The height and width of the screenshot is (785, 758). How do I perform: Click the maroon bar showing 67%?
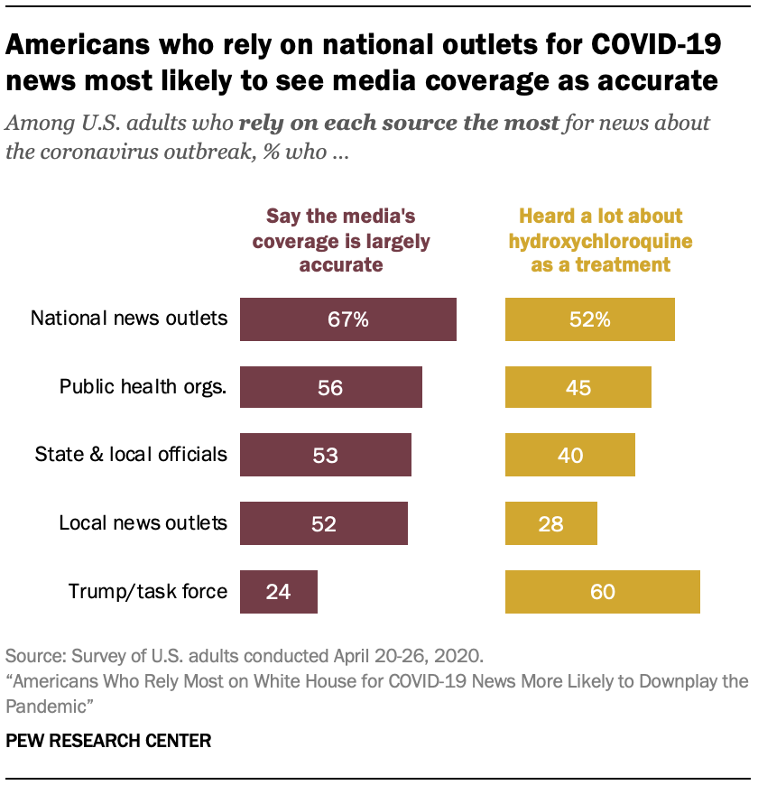(x=347, y=319)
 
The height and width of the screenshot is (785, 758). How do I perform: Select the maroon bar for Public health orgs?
(x=330, y=387)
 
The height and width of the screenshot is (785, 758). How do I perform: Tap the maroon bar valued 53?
(x=325, y=454)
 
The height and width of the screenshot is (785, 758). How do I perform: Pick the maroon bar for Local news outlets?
(x=323, y=522)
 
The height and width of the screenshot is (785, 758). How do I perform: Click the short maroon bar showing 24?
(x=278, y=591)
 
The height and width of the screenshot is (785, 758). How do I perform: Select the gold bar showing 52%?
(x=589, y=319)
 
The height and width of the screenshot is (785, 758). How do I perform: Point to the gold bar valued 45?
(x=578, y=387)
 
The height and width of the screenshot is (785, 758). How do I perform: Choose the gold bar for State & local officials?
(x=569, y=454)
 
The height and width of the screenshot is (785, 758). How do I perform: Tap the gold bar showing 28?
(x=550, y=522)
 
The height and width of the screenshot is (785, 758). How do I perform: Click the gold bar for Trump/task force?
(x=602, y=591)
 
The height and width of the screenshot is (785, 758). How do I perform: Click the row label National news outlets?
(x=129, y=319)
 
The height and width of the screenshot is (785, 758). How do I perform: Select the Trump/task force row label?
(x=148, y=592)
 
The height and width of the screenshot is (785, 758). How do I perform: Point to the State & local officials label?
(x=131, y=454)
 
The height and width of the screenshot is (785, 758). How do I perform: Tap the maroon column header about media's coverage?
(x=340, y=241)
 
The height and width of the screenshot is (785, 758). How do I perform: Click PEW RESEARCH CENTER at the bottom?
(x=108, y=741)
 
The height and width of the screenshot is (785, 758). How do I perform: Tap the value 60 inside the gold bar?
(x=602, y=592)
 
